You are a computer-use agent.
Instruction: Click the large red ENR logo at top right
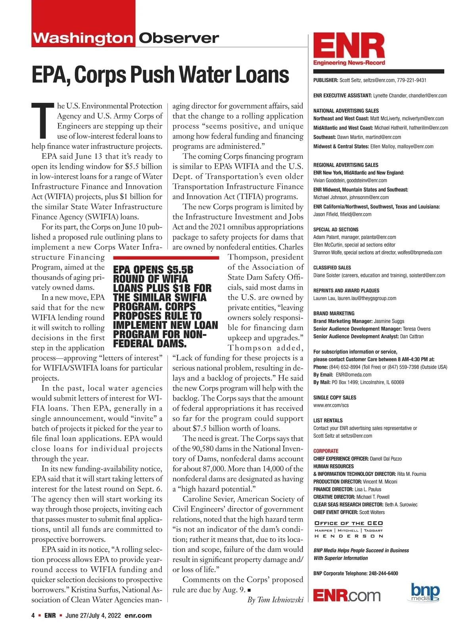pyautogui.click(x=349, y=47)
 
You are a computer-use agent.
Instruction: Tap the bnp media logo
pyautogui.click(x=425, y=592)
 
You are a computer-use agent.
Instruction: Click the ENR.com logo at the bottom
pyautogui.click(x=346, y=595)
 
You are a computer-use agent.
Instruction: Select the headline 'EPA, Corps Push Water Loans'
pyautogui.click(x=160, y=74)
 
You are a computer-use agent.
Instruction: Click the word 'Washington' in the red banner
pyautogui.click(x=83, y=38)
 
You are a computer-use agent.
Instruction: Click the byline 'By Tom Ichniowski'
pyautogui.click(x=275, y=600)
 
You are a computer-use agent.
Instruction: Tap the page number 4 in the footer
pyautogui.click(x=33, y=616)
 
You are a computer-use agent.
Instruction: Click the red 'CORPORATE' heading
pyautogui.click(x=326, y=451)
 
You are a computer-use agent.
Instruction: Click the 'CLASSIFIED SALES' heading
pyautogui.click(x=332, y=267)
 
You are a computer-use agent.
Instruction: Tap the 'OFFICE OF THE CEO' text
pyautogui.click(x=348, y=523)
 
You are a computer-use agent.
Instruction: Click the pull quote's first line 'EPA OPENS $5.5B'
pyautogui.click(x=153, y=270)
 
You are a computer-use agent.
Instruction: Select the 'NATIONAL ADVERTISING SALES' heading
pyautogui.click(x=346, y=111)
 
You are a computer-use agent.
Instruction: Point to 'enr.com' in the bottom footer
pyautogui.click(x=138, y=616)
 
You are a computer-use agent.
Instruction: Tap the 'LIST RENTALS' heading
pyautogui.click(x=328, y=420)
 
